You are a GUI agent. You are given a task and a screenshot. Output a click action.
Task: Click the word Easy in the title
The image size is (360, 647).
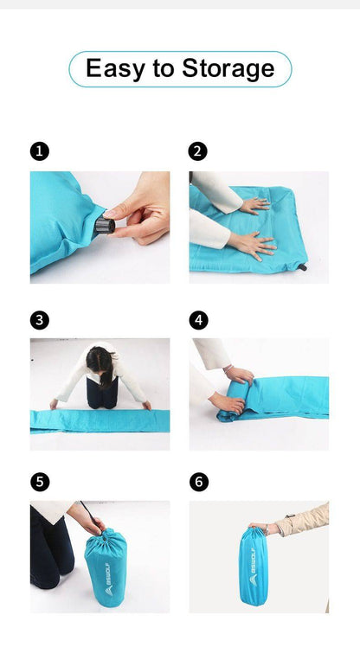point(116,68)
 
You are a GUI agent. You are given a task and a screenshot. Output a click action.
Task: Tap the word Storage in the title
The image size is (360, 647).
point(228,68)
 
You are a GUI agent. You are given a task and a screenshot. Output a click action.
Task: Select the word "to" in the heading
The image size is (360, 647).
point(164,69)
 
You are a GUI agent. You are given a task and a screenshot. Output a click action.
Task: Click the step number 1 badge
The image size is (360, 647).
point(39,151)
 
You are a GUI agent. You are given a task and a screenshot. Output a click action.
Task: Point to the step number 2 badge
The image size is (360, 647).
point(198,151)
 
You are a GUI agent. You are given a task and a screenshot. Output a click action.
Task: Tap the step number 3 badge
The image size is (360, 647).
point(39,320)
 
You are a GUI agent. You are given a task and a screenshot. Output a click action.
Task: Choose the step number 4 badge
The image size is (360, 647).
point(198,320)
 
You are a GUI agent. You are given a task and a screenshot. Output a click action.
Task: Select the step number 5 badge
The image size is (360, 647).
point(39,482)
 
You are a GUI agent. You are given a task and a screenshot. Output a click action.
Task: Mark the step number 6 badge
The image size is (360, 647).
point(198,482)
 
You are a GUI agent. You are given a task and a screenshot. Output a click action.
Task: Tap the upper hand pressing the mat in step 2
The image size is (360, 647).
point(254,206)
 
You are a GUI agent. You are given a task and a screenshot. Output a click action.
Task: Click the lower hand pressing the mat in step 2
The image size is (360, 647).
point(253,245)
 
